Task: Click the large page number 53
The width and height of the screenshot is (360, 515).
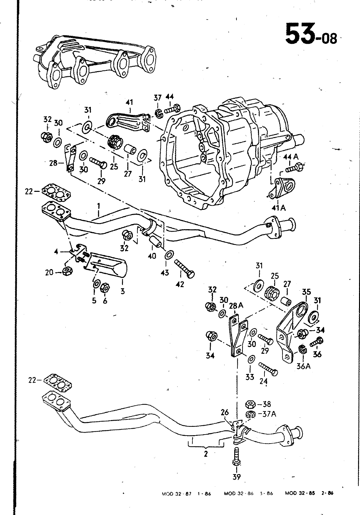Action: pos(300,33)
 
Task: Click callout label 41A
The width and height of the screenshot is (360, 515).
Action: pos(278,208)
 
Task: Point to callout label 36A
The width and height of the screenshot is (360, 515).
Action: pos(303,366)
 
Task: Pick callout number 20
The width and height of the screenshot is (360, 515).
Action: pos(49,272)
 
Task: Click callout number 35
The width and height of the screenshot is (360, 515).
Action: pos(306,292)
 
